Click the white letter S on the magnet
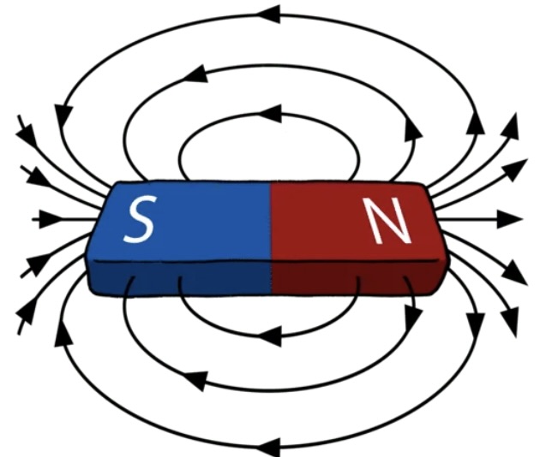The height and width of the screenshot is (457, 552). [x=139, y=220]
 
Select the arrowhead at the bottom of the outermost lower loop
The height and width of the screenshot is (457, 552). [x=273, y=445]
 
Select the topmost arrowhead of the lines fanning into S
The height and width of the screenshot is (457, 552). [x=27, y=134]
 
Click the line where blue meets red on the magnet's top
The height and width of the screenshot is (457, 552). [x=271, y=223]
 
